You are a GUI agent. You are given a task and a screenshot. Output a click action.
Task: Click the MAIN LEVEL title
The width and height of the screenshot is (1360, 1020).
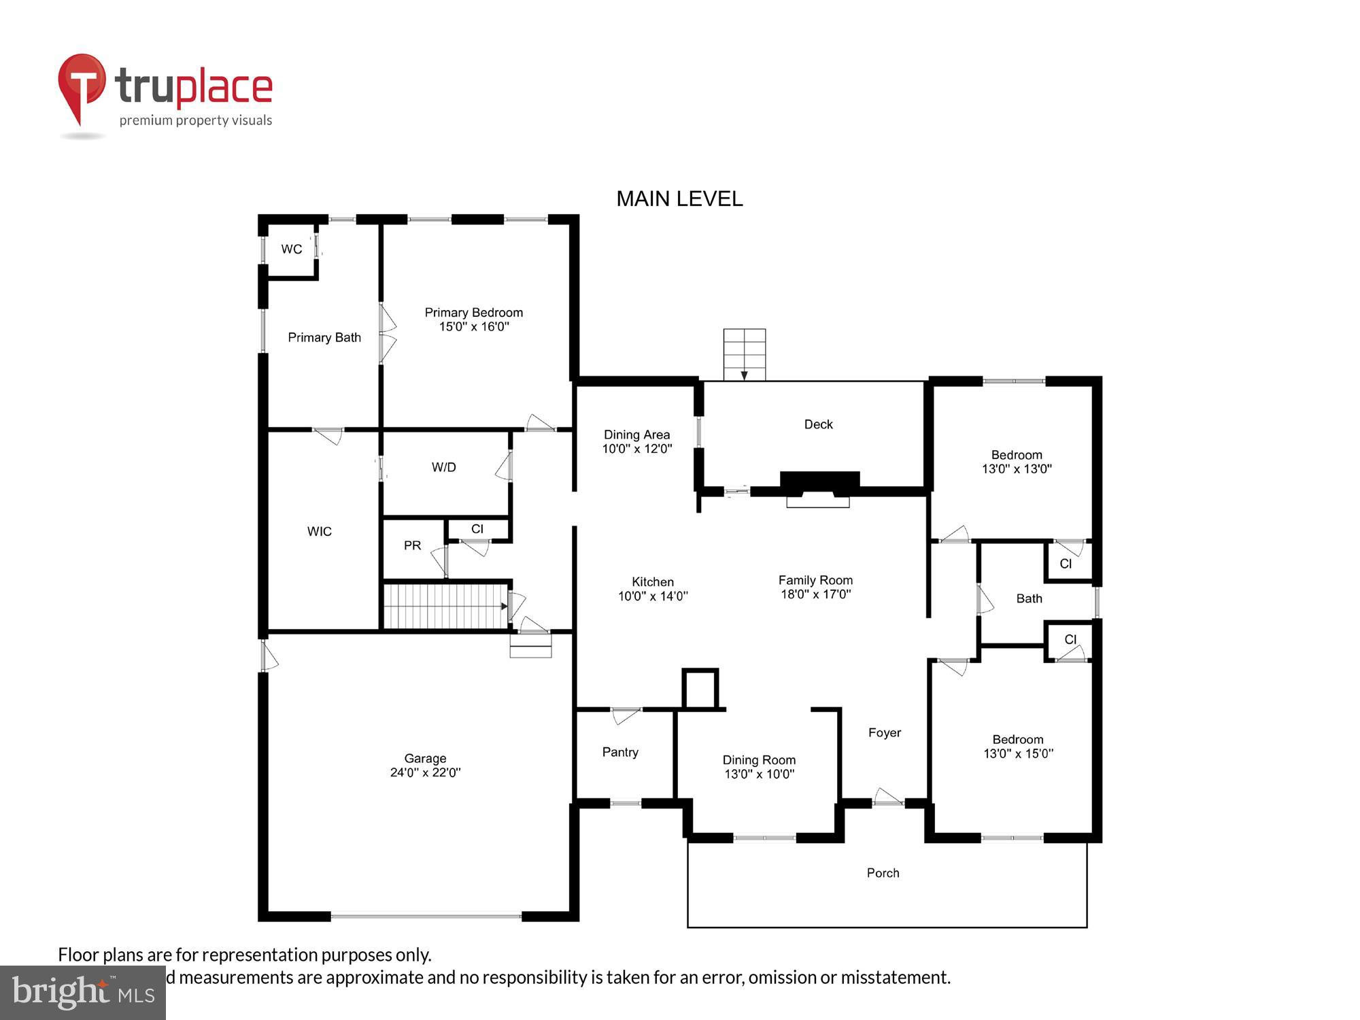pyautogui.click(x=679, y=199)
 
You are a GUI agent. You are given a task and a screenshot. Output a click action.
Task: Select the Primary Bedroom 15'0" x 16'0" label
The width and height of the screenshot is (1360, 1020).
pyautogui.click(x=473, y=320)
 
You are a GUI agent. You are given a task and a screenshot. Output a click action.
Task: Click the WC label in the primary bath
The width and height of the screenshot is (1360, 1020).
pyautogui.click(x=292, y=249)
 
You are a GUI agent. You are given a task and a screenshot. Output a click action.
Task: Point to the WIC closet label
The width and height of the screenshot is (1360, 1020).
pyautogui.click(x=319, y=531)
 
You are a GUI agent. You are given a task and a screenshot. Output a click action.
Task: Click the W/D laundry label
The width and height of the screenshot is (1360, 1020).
pyautogui.click(x=443, y=467)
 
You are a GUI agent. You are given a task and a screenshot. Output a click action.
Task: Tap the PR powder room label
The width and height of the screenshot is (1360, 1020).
pyautogui.click(x=412, y=545)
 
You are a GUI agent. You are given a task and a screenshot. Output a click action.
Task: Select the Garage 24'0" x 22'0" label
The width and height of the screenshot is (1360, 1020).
pyautogui.click(x=425, y=765)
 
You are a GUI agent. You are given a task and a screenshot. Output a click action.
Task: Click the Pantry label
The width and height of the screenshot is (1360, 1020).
pyautogui.click(x=619, y=752)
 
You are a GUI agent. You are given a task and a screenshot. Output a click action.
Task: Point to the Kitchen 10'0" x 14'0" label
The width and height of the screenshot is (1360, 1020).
pyautogui.click(x=652, y=589)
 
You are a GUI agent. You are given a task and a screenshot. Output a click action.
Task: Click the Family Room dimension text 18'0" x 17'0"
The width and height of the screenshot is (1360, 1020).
pyautogui.click(x=815, y=594)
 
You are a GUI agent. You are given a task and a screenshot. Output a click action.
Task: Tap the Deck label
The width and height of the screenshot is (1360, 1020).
pyautogui.click(x=818, y=424)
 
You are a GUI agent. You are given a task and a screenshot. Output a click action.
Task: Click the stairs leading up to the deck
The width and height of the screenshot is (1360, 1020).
pyautogui.click(x=744, y=354)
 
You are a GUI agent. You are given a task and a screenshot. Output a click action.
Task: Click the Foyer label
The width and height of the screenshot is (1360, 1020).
pyautogui.click(x=884, y=732)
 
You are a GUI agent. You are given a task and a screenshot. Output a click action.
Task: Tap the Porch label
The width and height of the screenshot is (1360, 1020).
pyautogui.click(x=883, y=873)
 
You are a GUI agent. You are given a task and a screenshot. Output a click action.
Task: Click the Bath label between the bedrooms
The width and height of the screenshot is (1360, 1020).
pyautogui.click(x=1029, y=598)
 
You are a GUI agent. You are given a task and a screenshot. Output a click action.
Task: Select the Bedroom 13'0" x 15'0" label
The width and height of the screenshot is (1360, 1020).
pyautogui.click(x=1018, y=746)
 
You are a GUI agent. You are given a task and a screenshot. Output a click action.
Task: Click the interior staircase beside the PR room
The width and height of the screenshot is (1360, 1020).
pyautogui.click(x=445, y=606)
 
